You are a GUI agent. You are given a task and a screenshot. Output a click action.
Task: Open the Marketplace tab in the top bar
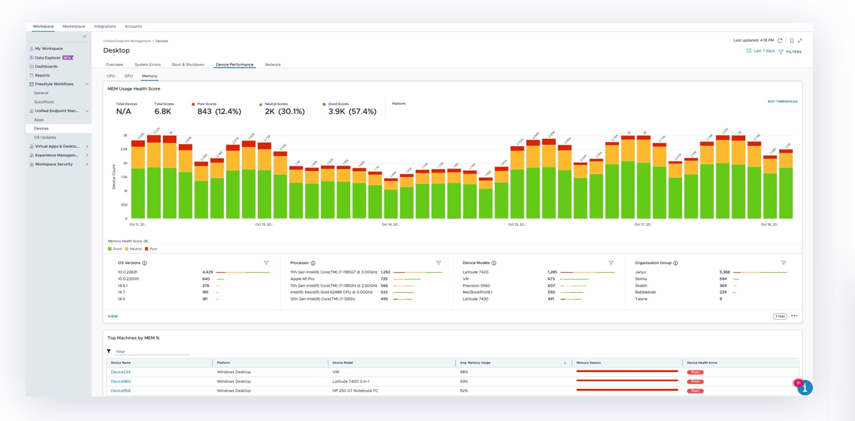pos(74,26)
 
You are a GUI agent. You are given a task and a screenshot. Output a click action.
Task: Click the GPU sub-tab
pos(128,76)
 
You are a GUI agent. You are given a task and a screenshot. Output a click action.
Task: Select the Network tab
pos(272,65)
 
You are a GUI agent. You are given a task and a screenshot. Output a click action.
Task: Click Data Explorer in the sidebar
pos(48,58)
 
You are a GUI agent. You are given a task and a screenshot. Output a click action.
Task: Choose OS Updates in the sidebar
pos(45,137)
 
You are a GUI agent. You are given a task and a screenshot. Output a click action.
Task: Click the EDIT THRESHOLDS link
pos(782,101)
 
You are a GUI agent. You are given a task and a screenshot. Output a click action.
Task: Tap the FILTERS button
pos(793,52)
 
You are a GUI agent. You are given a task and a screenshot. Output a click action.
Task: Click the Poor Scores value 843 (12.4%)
pos(219,112)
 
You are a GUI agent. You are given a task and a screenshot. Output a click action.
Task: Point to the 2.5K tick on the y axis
pos(124,149)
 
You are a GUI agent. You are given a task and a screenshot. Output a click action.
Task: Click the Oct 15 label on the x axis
pos(517,224)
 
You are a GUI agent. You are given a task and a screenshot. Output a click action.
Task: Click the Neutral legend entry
pos(135,249)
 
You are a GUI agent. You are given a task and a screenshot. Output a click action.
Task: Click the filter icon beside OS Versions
pos(266,263)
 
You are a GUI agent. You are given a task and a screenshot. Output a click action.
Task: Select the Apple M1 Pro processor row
pos(302,279)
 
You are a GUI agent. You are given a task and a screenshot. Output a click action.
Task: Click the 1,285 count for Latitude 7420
pos(552,272)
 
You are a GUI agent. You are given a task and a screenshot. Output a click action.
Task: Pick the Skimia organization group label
pos(641,279)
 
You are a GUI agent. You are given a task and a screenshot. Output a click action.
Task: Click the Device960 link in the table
pos(120,381)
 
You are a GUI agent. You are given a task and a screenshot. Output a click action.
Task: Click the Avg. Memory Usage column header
pos(475,363)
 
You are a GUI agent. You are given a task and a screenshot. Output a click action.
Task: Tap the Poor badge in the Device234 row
pos(695,372)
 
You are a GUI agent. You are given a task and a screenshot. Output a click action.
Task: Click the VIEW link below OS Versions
pos(113,316)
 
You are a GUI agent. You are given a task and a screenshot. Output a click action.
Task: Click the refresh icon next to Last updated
pos(780,41)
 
